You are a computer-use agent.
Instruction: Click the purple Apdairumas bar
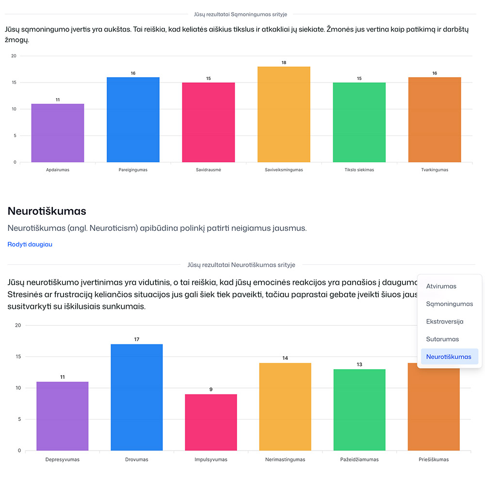point(58,133)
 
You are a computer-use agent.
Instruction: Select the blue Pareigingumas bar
point(133,120)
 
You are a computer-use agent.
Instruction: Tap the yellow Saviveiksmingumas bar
point(284,114)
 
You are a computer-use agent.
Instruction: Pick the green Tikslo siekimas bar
point(359,122)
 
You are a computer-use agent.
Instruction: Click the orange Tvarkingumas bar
point(435,120)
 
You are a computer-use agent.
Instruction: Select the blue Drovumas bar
point(137,397)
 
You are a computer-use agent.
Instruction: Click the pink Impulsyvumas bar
point(211,422)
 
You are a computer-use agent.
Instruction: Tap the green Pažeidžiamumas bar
point(359,410)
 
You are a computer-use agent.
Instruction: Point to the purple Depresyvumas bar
point(63,416)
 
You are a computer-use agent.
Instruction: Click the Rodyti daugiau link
point(30,244)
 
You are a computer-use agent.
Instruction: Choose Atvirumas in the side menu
point(441,286)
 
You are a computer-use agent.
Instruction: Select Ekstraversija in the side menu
point(445,322)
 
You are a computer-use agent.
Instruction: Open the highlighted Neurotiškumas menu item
point(449,357)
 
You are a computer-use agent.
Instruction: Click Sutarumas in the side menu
point(442,339)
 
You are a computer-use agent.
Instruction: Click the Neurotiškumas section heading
point(47,211)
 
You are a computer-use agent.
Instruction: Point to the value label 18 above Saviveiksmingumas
point(284,63)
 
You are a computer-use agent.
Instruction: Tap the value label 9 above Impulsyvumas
point(211,389)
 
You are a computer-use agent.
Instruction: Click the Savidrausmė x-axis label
point(209,170)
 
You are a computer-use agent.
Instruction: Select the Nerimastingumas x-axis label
point(285,459)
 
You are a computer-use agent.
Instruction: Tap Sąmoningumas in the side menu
point(450,304)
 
